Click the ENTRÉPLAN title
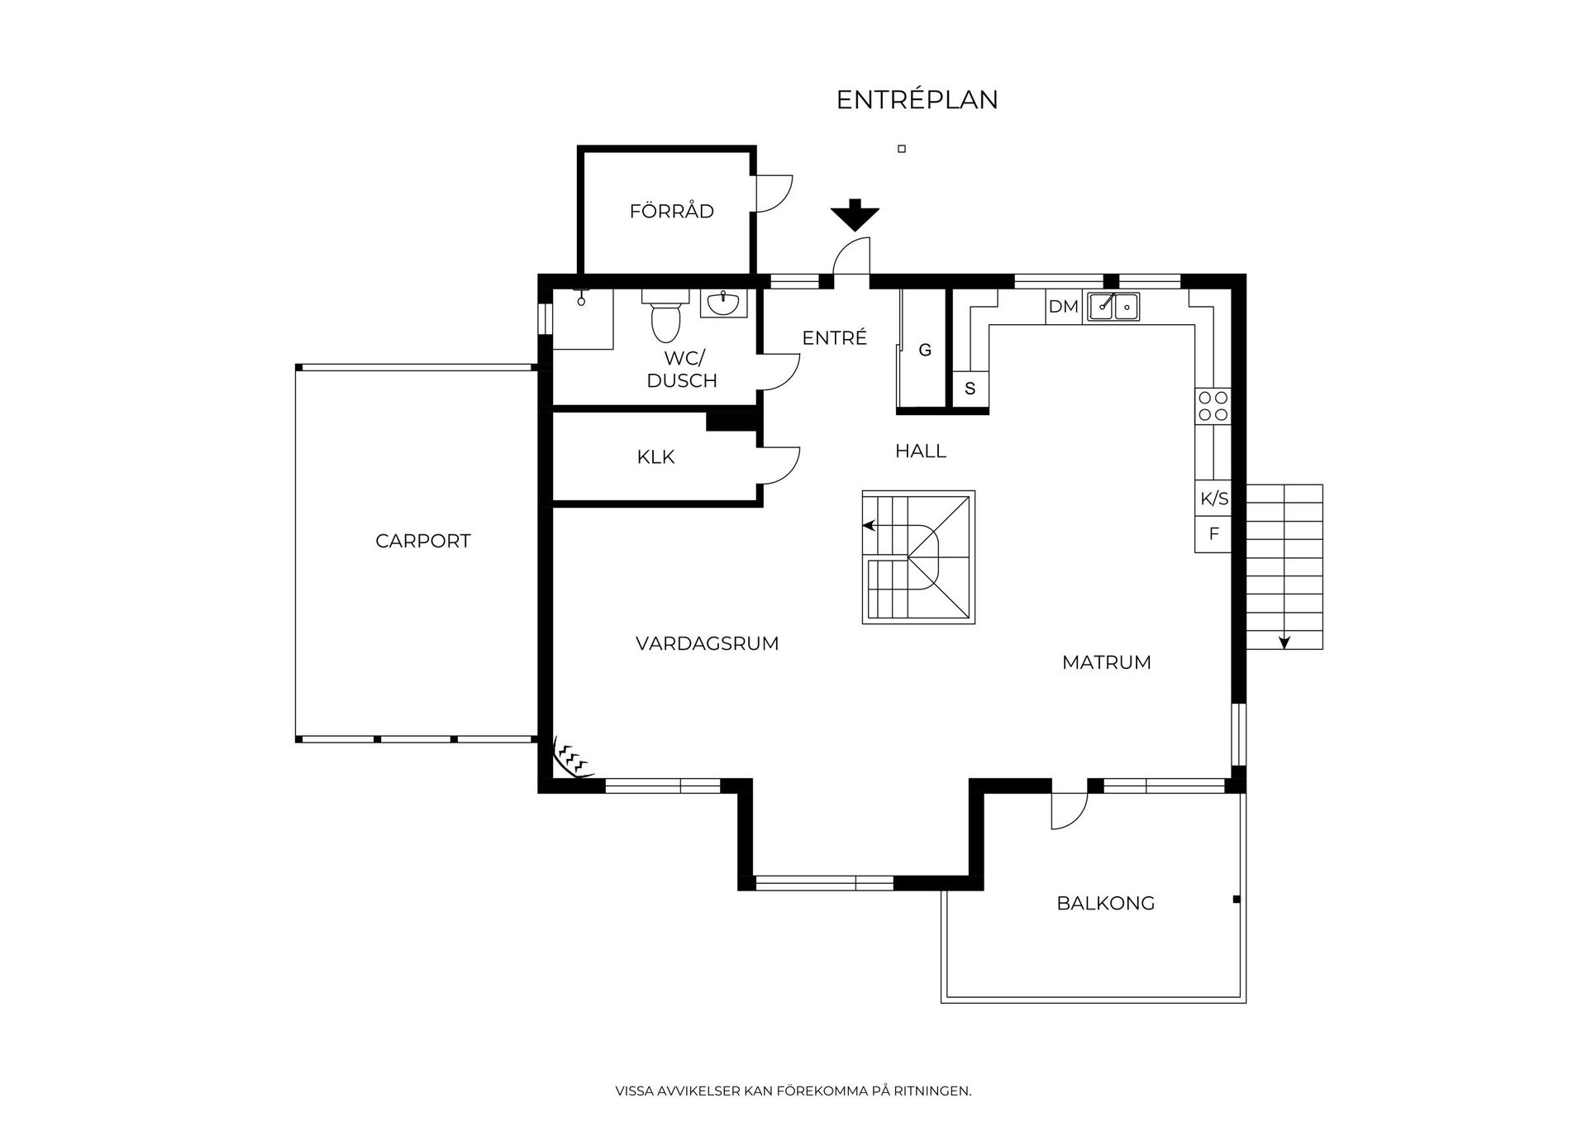click(917, 100)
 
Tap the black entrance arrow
click(855, 215)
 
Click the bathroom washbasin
click(723, 303)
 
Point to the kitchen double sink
click(1113, 307)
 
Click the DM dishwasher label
click(1063, 307)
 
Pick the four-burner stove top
click(1213, 406)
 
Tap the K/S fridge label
click(1214, 499)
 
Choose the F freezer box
click(1213, 534)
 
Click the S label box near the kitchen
click(970, 389)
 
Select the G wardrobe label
click(925, 351)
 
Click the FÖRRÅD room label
click(671, 212)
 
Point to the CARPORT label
click(422, 541)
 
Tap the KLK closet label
click(655, 457)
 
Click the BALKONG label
click(1105, 903)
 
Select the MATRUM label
click(1106, 662)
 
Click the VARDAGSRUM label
click(707, 643)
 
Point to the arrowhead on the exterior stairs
click(1284, 642)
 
